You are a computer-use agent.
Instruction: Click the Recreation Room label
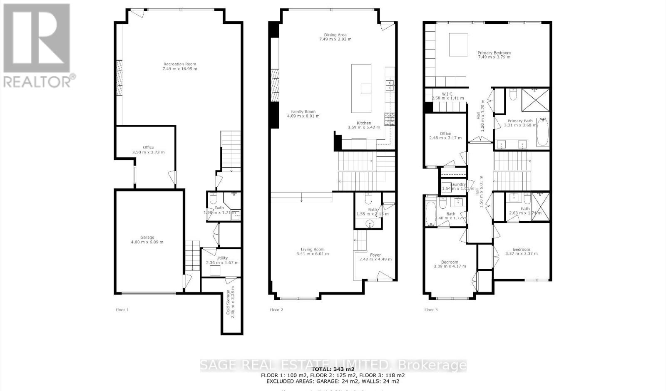tap(180, 64)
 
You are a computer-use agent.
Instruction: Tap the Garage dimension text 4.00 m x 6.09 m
tap(147, 242)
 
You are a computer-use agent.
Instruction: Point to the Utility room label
tap(222, 258)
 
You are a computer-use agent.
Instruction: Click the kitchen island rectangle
tap(361, 88)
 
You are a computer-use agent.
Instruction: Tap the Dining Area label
tap(335, 35)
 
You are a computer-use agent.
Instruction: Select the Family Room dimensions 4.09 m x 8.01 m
tap(303, 116)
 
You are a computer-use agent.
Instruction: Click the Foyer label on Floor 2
tap(375, 255)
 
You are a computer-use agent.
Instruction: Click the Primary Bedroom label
tap(494, 53)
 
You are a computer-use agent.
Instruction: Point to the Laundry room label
tap(458, 184)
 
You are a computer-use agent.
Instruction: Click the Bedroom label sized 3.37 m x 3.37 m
tap(521, 250)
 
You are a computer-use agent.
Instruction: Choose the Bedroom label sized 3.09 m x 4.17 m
tap(450, 262)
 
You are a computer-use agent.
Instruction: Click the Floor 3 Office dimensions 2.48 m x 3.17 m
tap(445, 138)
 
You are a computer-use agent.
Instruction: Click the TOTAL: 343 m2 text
tap(333, 369)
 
